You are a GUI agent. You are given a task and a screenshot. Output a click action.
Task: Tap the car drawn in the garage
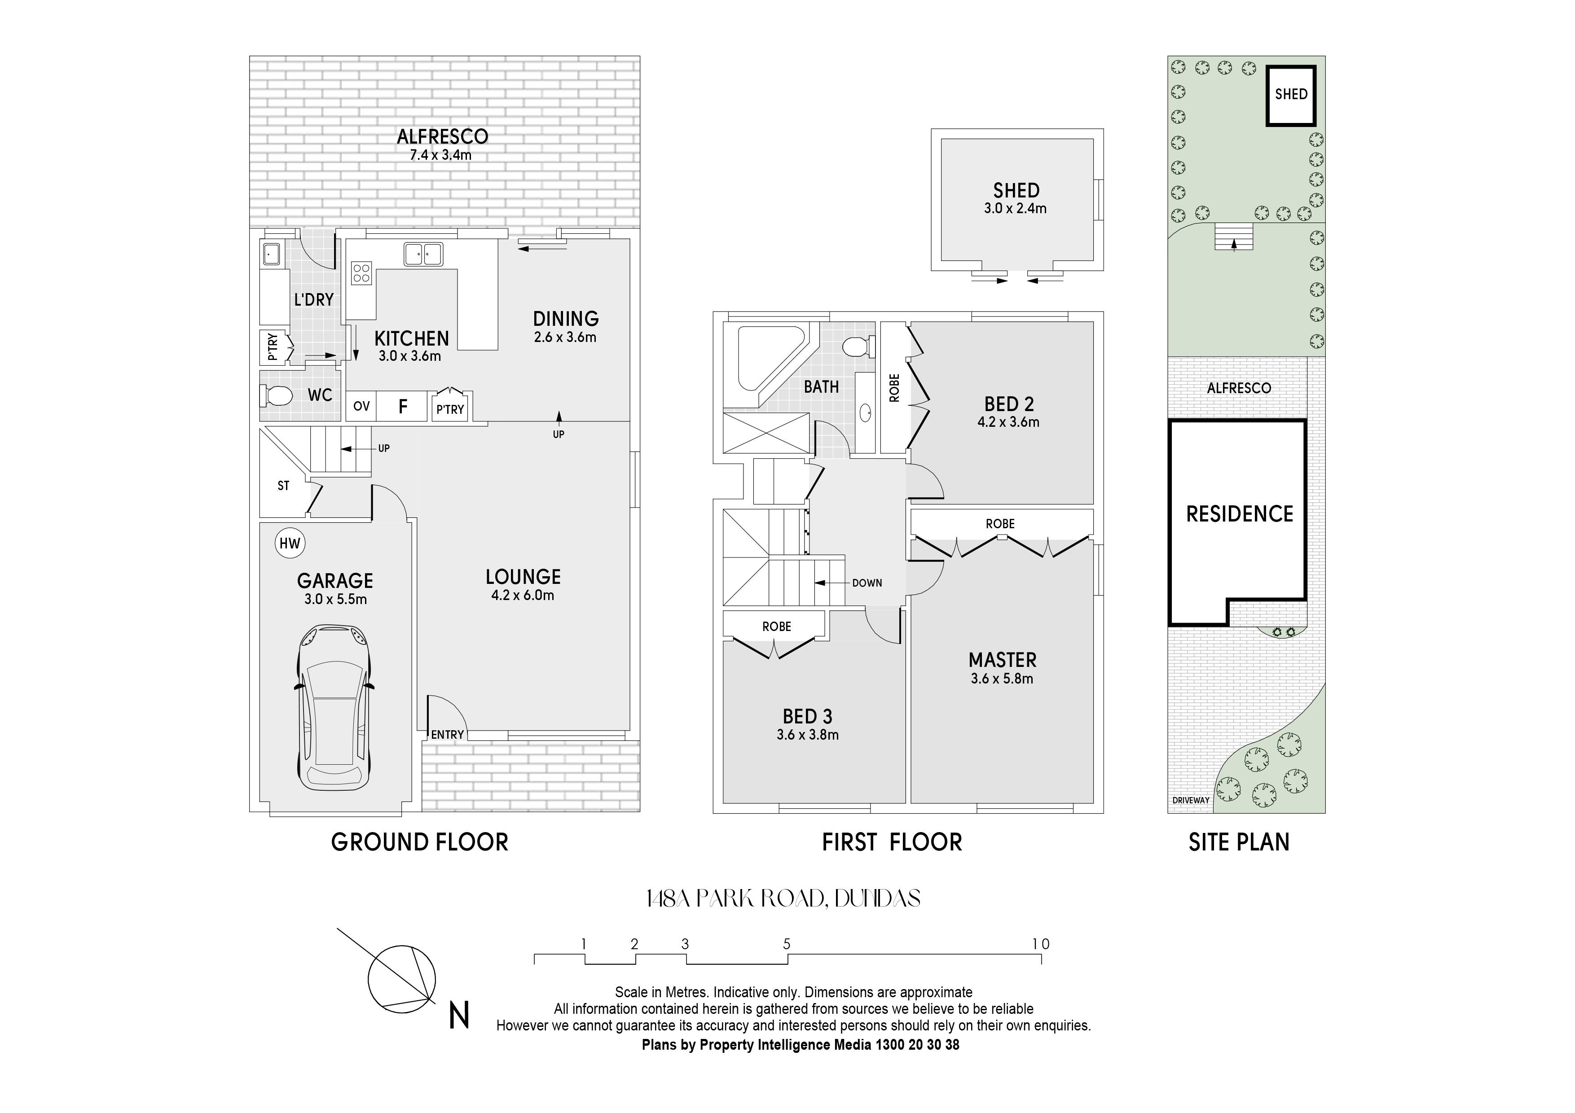click(335, 707)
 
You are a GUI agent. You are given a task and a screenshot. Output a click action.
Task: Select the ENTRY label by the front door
click(447, 735)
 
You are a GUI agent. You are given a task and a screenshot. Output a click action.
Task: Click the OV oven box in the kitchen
click(361, 406)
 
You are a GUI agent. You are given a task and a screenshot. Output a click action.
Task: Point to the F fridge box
click(403, 406)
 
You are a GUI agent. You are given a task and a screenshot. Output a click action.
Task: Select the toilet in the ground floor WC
click(276, 396)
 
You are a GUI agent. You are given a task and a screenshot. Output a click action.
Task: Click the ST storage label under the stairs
click(283, 486)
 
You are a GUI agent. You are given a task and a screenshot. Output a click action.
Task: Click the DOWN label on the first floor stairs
click(867, 583)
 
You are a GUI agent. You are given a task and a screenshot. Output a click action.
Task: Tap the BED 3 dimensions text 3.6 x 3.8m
click(807, 735)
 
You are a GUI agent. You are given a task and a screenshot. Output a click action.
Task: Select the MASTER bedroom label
click(1002, 660)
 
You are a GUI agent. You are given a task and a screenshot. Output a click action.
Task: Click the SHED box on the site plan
click(1290, 95)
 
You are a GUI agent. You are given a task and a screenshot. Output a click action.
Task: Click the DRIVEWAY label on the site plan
click(1191, 800)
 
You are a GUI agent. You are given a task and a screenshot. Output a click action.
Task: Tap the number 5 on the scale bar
click(787, 944)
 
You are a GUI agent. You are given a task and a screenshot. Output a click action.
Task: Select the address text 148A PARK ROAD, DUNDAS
click(783, 899)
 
